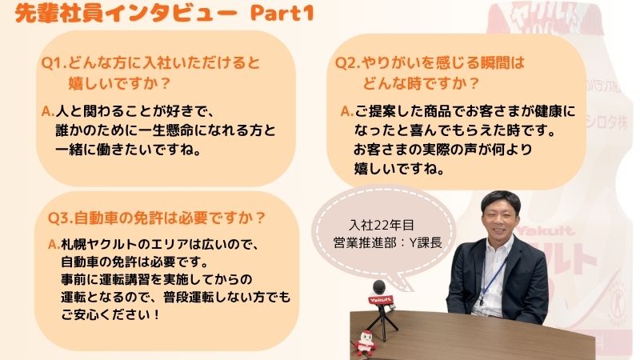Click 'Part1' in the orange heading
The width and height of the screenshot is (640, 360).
[282, 13]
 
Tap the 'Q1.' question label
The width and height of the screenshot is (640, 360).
[54, 63]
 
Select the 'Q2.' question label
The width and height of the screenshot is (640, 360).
[348, 63]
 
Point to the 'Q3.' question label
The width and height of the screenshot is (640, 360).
[61, 218]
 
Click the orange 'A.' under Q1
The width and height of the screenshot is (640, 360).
[48, 111]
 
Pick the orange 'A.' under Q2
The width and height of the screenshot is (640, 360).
[347, 111]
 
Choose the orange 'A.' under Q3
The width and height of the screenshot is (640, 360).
[54, 244]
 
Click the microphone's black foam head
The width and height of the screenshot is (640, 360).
[378, 287]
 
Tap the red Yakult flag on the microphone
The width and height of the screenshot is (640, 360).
[381, 300]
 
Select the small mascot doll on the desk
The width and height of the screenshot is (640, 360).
[366, 342]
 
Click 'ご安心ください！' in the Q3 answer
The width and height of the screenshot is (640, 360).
[110, 314]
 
